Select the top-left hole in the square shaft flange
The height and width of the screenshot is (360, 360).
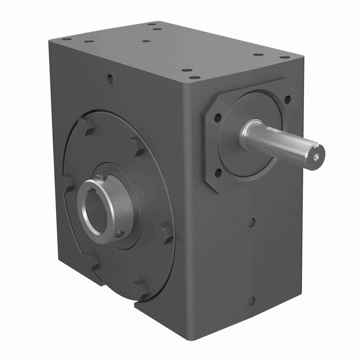[x=218, y=118]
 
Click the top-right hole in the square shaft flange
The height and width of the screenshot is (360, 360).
[x=286, y=99]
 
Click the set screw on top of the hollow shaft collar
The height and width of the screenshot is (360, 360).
[x=103, y=178]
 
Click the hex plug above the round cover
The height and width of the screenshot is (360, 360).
[x=110, y=78]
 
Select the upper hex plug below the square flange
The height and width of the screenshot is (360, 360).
[x=251, y=223]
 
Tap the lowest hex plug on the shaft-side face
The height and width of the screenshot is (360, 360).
[x=250, y=301]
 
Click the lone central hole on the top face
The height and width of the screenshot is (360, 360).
[x=146, y=41]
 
